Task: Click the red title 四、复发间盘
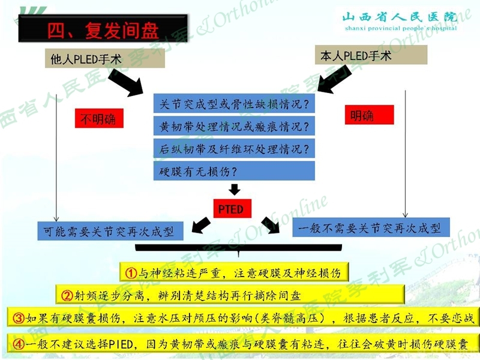coord(103,31)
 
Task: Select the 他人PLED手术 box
coord(104,58)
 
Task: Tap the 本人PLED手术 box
coord(371,55)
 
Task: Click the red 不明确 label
coord(99,118)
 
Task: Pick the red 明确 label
coord(369,115)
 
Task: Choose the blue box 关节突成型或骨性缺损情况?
coord(234,103)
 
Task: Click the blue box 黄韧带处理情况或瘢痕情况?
coord(234,126)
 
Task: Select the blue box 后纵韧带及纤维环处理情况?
coord(234,148)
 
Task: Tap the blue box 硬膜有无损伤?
coord(234,171)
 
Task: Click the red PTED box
coord(232,209)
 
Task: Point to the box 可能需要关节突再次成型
coord(110,231)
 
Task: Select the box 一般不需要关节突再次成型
coord(371,227)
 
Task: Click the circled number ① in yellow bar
coord(131,273)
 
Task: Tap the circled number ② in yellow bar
coord(67,295)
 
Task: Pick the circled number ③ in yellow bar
coord(19,319)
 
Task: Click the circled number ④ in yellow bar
coord(19,344)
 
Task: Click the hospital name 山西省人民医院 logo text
coord(400,17)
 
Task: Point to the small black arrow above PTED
coord(235,190)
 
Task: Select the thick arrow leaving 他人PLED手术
coord(126,83)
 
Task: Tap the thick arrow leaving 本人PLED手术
coord(334,79)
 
